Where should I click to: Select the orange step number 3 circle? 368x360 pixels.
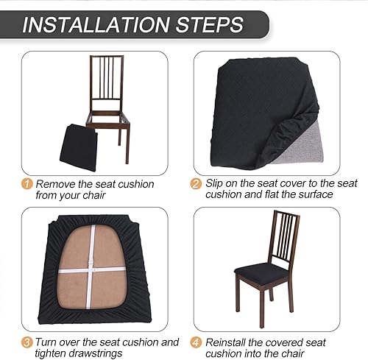27,342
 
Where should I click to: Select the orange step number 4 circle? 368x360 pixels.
196,342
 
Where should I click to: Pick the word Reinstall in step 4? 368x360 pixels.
229,342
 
